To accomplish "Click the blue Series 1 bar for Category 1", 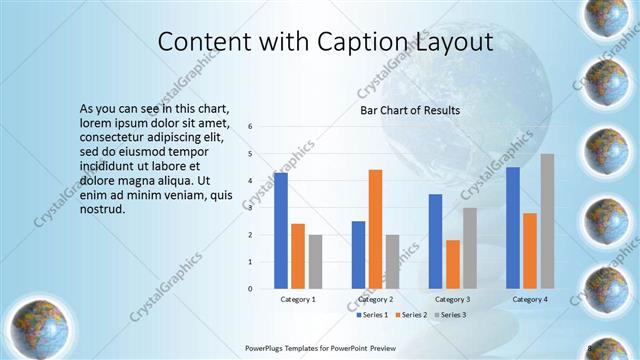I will click(x=281, y=230).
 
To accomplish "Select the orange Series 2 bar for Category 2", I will click(x=375, y=229).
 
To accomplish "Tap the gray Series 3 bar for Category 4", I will click(x=547, y=221).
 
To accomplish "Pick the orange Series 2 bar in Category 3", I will click(x=453, y=264).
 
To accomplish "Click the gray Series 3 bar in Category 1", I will click(x=316, y=262).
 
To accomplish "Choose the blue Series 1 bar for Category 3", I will click(x=435, y=241).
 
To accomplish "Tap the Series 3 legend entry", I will click(x=450, y=315).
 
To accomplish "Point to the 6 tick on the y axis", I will click(x=251, y=127).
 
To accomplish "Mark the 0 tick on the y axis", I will click(x=251, y=289).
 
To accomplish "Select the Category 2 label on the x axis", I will click(x=375, y=299).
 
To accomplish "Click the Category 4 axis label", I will click(x=530, y=299).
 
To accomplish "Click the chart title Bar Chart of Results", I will click(x=410, y=110).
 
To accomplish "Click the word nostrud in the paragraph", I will click(x=103, y=209).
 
